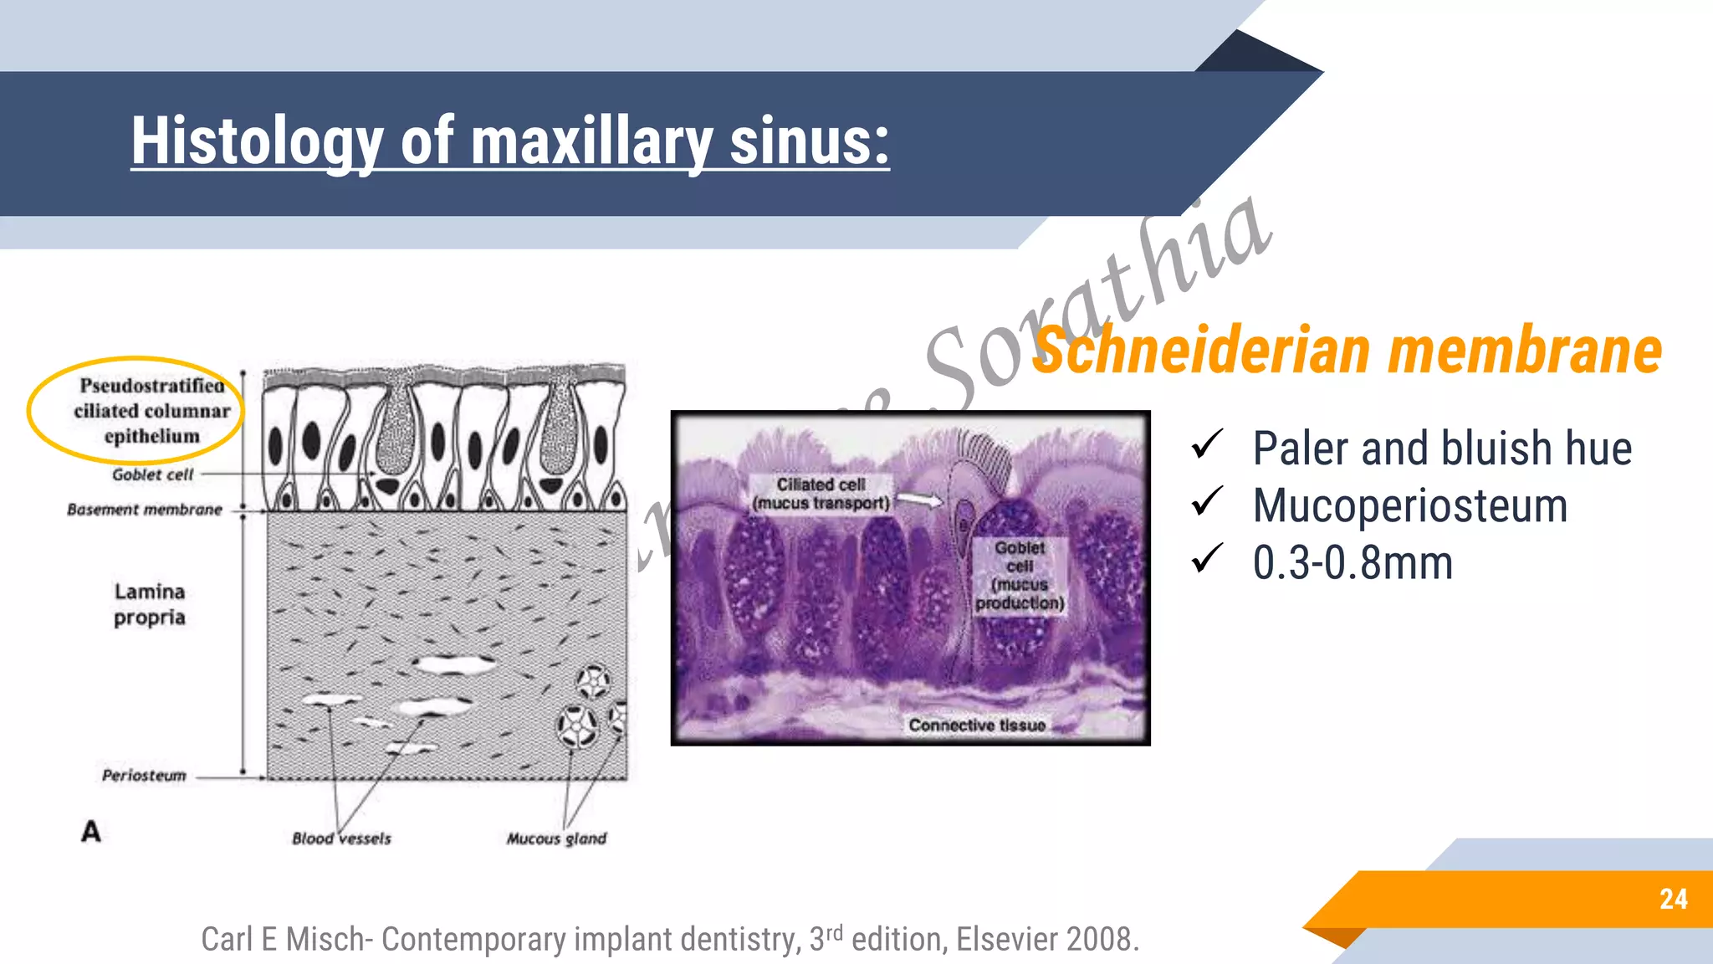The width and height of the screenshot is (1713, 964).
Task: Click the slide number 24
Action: point(1673,900)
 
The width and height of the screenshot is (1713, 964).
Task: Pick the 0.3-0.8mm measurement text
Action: point(1353,562)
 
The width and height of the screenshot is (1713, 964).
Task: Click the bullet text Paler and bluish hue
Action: point(1441,449)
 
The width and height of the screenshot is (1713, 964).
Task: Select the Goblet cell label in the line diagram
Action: point(152,474)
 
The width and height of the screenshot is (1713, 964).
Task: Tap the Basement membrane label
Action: point(145,510)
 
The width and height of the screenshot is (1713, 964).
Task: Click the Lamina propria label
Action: point(149,604)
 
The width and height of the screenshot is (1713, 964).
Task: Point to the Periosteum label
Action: point(144,776)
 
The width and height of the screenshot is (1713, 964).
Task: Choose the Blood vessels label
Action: point(341,838)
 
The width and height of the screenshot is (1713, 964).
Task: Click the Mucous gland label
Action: point(556,838)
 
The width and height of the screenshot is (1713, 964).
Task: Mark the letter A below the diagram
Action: point(90,832)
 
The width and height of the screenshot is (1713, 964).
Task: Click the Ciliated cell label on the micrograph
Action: point(821,494)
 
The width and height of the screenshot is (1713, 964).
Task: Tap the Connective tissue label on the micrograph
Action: point(977,726)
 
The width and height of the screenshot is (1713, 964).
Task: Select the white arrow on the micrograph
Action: point(920,500)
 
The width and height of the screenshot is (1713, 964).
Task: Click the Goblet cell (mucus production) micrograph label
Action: point(1020,575)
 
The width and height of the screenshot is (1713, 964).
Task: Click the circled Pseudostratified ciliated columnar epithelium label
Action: point(151,411)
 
